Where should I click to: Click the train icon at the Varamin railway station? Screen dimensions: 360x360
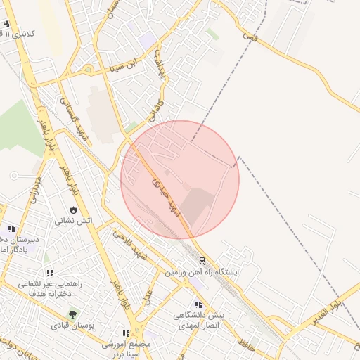point(202,260)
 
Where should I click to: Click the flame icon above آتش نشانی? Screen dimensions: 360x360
point(74,210)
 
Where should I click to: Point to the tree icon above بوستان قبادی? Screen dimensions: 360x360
point(71,314)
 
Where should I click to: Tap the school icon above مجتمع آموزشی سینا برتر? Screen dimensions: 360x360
point(125,333)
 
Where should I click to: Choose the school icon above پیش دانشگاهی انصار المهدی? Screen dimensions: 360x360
point(199,304)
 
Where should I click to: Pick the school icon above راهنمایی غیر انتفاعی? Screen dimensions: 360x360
point(49,274)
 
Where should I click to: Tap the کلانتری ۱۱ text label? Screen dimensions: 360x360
point(30,34)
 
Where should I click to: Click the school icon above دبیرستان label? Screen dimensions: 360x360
point(11,229)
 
